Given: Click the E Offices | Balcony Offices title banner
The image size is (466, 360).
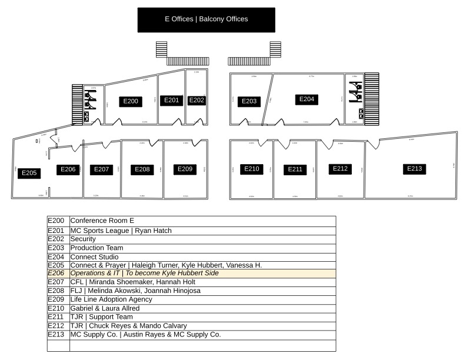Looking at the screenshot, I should tap(206, 19).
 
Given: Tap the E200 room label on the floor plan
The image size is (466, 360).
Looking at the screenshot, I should tap(131, 102).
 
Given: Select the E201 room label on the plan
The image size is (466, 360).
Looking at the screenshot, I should tap(171, 101).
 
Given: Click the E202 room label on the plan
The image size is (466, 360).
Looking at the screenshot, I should tap(197, 101).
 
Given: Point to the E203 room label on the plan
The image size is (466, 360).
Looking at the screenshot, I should tap(249, 102).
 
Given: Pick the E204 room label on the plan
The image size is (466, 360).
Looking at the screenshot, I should tap(307, 99).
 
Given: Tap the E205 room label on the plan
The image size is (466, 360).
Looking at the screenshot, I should tap(29, 173).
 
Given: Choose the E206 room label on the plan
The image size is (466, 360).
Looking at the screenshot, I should tap(68, 169).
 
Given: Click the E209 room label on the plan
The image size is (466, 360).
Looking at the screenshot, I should tap(185, 169).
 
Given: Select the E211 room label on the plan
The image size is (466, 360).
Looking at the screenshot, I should tap(295, 169).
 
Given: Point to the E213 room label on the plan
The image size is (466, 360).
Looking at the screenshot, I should tap(414, 169).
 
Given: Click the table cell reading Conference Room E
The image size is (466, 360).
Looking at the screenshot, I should tap(202, 221).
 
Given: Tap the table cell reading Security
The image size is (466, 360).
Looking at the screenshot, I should tap(202, 239).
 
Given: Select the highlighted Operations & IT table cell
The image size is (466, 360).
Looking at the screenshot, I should tap(202, 274).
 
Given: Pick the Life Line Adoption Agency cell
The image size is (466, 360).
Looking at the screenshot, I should tap(202, 299).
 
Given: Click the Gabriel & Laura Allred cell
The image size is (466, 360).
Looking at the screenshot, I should tap(202, 308).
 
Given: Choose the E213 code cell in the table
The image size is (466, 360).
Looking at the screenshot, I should tap(58, 334).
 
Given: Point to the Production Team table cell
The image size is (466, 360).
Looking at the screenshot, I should tap(202, 248).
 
